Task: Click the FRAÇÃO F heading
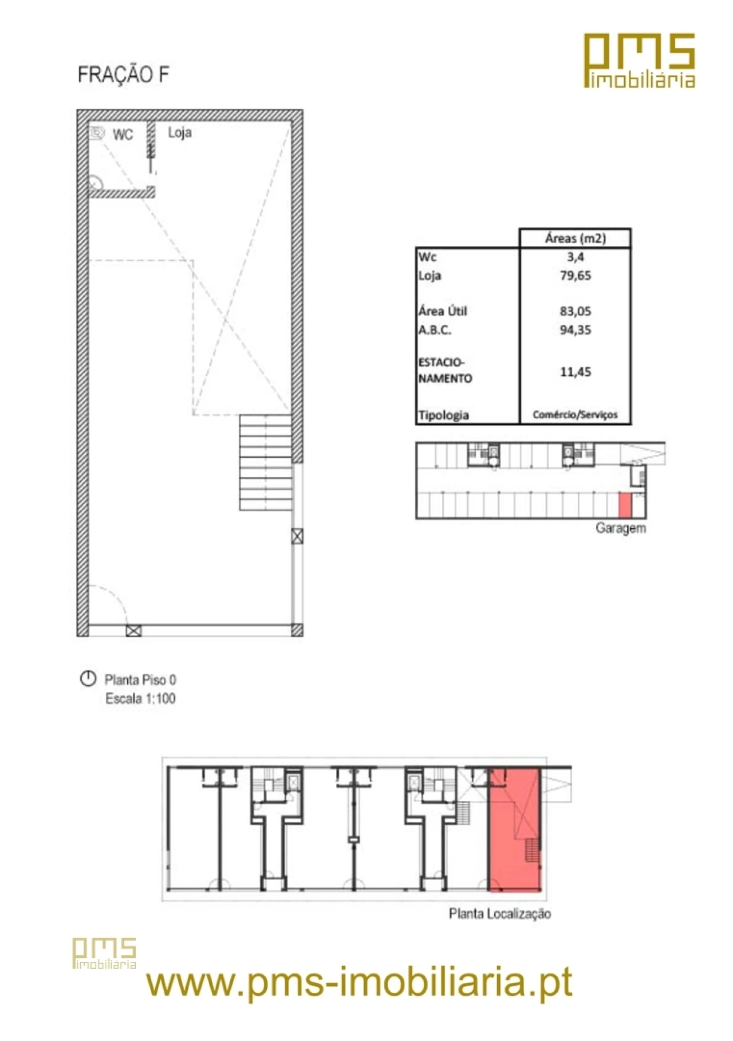click(123, 75)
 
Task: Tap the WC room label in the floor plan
click(123, 135)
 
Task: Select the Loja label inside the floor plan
click(180, 133)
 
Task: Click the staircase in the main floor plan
click(266, 462)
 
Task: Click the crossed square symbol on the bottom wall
click(133, 631)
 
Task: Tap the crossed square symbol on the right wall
click(297, 536)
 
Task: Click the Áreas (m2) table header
click(575, 238)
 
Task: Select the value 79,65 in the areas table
click(576, 276)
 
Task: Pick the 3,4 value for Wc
click(576, 257)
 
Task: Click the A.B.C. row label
click(435, 330)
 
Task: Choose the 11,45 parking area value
click(576, 372)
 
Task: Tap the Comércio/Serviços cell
click(575, 415)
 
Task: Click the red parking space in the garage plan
click(625, 505)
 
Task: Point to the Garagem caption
click(621, 528)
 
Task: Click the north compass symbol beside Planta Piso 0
click(88, 679)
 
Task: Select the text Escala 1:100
click(140, 698)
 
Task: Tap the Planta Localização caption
click(500, 914)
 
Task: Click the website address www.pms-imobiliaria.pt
click(359, 982)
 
